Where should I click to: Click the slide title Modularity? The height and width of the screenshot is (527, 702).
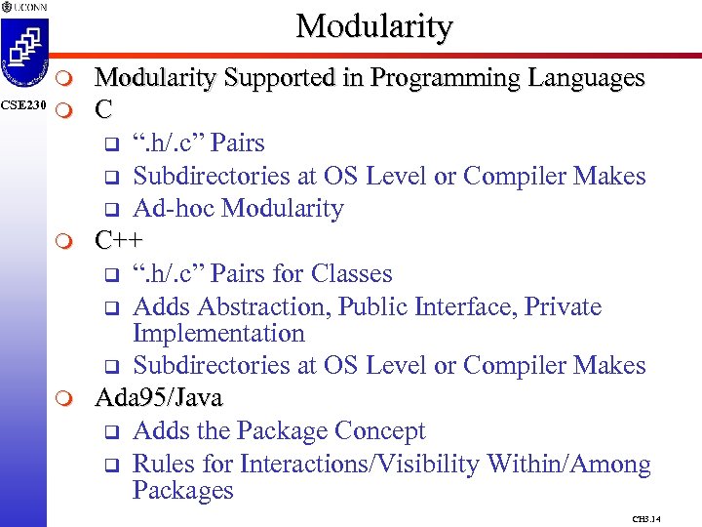pos(374,26)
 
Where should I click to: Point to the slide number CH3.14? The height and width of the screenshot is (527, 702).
pos(646,519)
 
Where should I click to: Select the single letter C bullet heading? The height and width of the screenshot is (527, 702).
pos(103,110)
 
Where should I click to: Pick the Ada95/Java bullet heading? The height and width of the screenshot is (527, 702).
pos(158,398)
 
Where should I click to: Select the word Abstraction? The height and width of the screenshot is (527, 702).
pos(264,306)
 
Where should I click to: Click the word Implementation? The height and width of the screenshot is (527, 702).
pos(218,333)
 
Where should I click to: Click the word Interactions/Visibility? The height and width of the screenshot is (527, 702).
pos(356,464)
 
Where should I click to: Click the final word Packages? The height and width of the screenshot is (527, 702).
pos(182,490)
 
